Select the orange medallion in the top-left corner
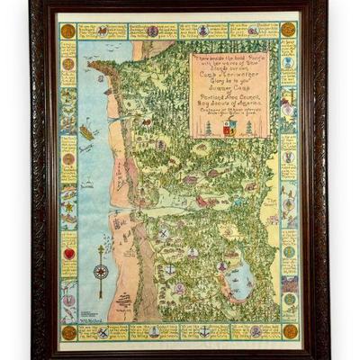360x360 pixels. (x=67, y=31)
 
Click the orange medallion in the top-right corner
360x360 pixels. (x=288, y=31)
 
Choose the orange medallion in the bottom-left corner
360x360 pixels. (x=68, y=332)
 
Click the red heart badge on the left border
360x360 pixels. (x=68, y=254)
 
